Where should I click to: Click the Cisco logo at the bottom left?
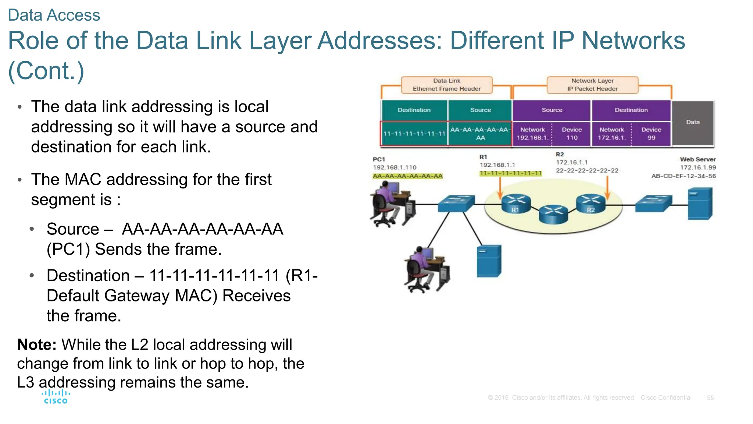pos(56,397)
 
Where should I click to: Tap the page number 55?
pos(710,398)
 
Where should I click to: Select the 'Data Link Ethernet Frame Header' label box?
pos(446,85)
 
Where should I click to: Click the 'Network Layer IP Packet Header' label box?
pos(592,85)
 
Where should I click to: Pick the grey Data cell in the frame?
pos(692,123)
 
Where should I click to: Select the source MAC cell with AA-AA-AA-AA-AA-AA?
pos(480,134)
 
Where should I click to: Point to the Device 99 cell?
pos(651,134)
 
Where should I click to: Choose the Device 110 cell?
pos(571,134)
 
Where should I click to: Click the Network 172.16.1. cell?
pos(611,134)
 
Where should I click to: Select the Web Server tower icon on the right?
pos(700,204)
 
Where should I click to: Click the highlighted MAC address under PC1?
pos(407,176)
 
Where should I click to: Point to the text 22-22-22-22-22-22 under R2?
pos(587,171)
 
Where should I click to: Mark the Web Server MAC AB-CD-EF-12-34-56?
pos(683,176)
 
